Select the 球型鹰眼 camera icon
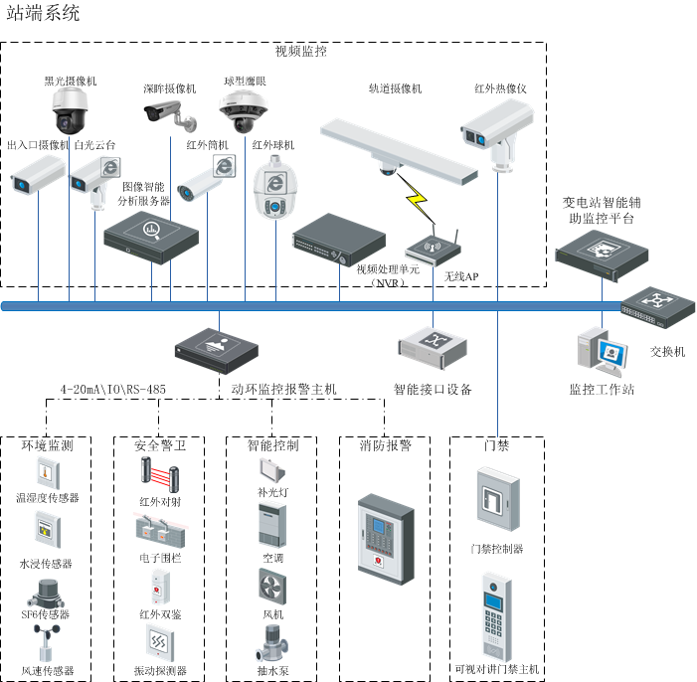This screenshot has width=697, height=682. click(x=243, y=112)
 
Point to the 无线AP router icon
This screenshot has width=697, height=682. click(x=434, y=249)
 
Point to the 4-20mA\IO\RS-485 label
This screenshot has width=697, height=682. click(x=113, y=389)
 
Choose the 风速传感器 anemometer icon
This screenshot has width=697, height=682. click(x=46, y=643)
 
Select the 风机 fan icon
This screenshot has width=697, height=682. click(x=272, y=586)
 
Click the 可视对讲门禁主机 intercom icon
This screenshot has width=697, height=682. click(x=496, y=615)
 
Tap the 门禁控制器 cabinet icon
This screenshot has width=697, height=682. click(x=496, y=501)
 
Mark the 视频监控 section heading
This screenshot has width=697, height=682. click(x=300, y=50)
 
